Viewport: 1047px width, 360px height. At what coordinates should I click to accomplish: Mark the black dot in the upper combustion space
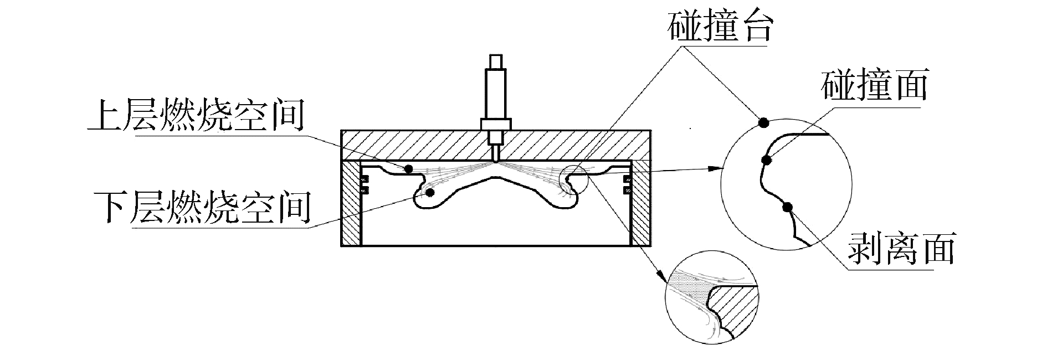pos(409,168)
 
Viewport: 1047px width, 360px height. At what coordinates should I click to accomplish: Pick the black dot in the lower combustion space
pos(430,192)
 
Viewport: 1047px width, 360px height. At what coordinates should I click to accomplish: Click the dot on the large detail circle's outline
pos(763,122)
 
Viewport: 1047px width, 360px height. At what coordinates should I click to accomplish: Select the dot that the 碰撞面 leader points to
pos(767,161)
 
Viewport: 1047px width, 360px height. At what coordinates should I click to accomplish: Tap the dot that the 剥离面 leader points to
pos(787,208)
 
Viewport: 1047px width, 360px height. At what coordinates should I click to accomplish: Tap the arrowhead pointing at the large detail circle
pos(720,167)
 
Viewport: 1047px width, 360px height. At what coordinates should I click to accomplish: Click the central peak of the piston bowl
pos(496,176)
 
